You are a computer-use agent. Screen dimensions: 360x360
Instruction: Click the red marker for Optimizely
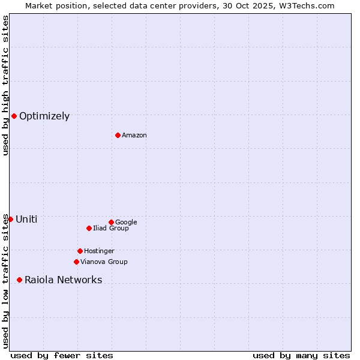[14, 116]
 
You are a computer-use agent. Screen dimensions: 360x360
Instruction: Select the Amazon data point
[118, 135]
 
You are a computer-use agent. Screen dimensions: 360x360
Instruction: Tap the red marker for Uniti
[10, 219]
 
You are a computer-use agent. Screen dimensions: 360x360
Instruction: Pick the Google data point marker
[111, 222]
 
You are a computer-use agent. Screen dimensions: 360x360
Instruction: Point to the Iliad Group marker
[89, 228]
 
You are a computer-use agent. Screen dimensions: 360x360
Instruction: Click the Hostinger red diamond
[80, 251]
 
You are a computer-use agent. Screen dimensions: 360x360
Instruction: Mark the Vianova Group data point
[76, 262]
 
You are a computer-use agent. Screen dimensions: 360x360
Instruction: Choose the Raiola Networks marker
[19, 280]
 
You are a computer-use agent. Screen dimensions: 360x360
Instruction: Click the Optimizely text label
[44, 116]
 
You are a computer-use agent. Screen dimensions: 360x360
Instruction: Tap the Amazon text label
[134, 136]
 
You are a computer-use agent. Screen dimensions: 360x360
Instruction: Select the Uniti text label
[26, 220]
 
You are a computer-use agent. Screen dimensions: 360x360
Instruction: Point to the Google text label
[126, 223]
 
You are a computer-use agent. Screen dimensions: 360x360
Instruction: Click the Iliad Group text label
[111, 229]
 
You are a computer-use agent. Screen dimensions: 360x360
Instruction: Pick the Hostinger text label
[99, 251]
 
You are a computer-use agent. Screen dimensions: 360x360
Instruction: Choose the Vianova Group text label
[104, 262]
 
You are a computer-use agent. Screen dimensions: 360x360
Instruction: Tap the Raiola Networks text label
[63, 280]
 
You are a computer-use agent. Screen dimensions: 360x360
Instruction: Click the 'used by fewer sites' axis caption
[62, 355]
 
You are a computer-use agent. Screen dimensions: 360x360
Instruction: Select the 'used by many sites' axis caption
[301, 355]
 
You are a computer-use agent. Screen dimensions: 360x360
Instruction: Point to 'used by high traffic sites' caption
[5, 85]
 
